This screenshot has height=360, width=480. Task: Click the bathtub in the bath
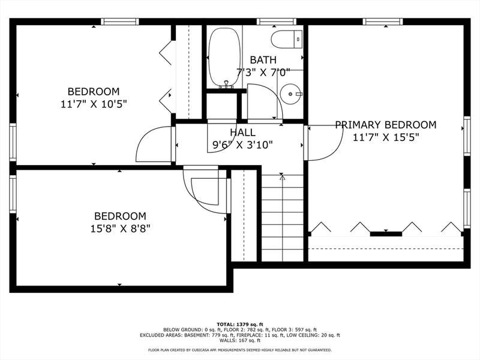tap(224, 58)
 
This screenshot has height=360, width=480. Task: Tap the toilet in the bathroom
tap(287, 39)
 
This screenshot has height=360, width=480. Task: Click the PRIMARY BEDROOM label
tap(386, 125)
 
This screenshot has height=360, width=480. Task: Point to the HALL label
tap(242, 132)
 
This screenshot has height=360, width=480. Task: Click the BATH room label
tap(263, 59)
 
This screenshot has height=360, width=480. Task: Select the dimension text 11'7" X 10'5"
tap(94, 104)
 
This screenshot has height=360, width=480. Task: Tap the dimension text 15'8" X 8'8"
tap(120, 229)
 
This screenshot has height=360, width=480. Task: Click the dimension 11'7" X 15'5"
tap(386, 137)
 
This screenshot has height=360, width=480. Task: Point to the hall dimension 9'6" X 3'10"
tap(242, 145)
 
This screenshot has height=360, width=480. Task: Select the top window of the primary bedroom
tap(383, 22)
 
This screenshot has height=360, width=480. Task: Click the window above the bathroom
tap(277, 22)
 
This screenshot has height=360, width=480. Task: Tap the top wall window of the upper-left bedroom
tap(119, 22)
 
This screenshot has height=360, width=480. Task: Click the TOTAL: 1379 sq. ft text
tap(239, 324)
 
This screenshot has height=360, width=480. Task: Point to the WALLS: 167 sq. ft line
tap(239, 340)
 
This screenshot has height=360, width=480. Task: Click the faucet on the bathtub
tap(226, 84)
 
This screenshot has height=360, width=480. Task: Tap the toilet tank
tap(298, 39)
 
